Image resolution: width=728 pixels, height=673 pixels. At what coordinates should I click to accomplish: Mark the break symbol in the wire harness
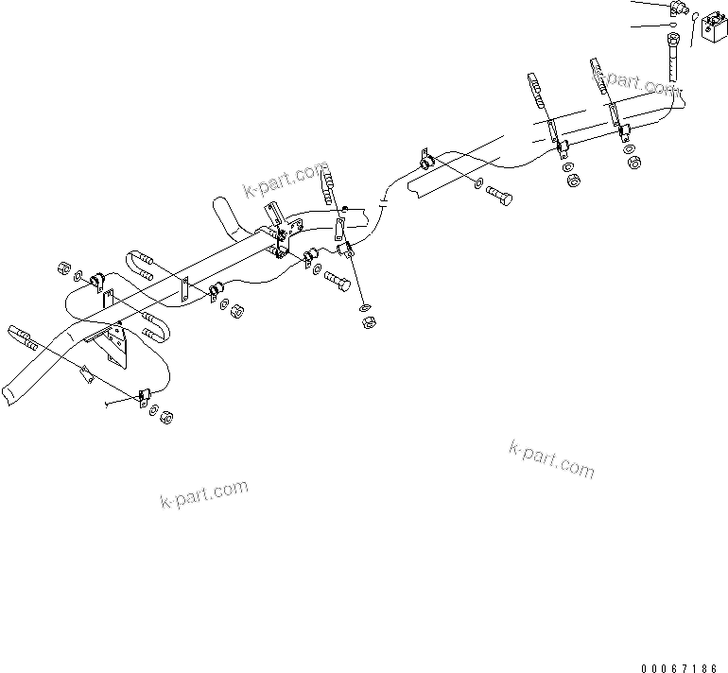pos(383,201)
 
